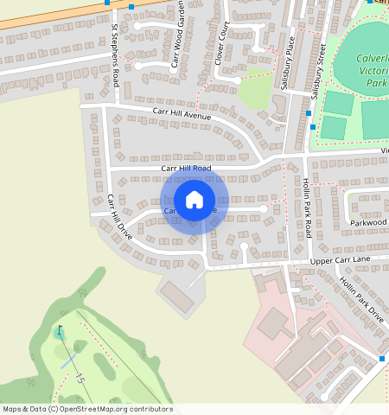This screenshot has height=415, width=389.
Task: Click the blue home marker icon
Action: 194,200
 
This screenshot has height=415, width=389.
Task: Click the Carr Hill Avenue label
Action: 182,112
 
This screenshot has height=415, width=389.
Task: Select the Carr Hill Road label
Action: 186,168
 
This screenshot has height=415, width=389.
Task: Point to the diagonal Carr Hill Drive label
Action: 119,217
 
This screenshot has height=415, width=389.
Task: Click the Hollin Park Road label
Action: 308,207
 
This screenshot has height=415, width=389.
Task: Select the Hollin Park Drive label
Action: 361,300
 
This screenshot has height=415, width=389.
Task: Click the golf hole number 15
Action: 80,378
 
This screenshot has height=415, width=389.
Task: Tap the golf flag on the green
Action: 60,331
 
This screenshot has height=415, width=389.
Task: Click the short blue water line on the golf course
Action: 70,361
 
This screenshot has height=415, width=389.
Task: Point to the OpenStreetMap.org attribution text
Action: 86,409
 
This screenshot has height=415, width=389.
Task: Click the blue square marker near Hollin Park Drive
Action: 382,358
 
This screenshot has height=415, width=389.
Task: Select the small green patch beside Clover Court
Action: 255,93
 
